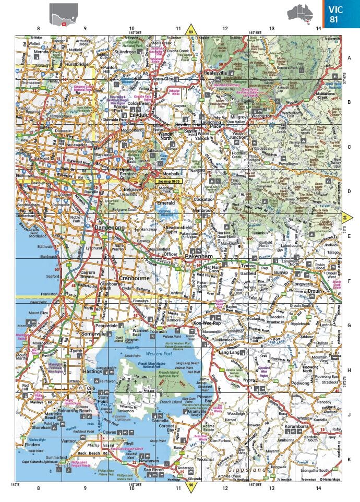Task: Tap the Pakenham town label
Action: pos(198,257)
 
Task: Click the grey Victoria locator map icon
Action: pos(64,14)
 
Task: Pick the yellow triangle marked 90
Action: pos(191,486)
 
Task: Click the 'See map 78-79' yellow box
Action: pos(167,181)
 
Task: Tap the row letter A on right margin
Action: pos(349,58)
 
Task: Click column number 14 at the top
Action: pos(318,29)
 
